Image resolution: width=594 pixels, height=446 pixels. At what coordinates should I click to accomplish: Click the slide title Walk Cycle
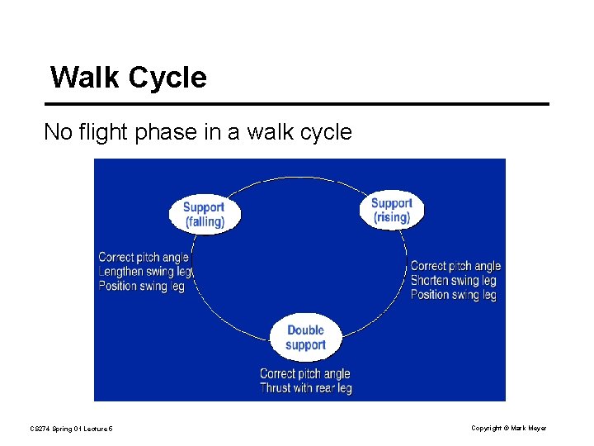(128, 78)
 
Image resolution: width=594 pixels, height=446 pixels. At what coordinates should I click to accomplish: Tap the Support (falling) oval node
(204, 214)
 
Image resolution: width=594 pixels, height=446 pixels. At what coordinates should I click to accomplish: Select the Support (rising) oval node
(391, 210)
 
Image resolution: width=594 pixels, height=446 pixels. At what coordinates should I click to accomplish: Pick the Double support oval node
(305, 337)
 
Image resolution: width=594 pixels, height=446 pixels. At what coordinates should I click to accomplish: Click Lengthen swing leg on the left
(145, 272)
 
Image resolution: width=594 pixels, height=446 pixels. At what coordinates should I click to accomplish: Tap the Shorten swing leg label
(454, 281)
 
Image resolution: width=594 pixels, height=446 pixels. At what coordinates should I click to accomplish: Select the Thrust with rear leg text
(305, 388)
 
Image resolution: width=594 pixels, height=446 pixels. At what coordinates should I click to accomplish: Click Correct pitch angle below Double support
(305, 374)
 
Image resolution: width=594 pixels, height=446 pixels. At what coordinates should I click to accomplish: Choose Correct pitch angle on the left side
(144, 258)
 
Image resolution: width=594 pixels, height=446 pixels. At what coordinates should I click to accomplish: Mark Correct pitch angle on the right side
(455, 266)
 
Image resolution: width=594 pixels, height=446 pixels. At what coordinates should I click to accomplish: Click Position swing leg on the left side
(141, 287)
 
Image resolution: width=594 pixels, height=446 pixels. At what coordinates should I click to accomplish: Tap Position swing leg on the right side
(454, 295)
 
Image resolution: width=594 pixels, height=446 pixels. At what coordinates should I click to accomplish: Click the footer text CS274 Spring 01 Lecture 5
(72, 428)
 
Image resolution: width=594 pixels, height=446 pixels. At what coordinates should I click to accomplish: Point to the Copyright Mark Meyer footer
(508, 428)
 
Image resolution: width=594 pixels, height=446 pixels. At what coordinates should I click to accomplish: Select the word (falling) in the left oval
(204, 221)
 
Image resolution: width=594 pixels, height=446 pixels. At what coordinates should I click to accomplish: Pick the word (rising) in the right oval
(391, 217)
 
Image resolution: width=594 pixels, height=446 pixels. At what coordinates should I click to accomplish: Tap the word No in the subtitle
(55, 132)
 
